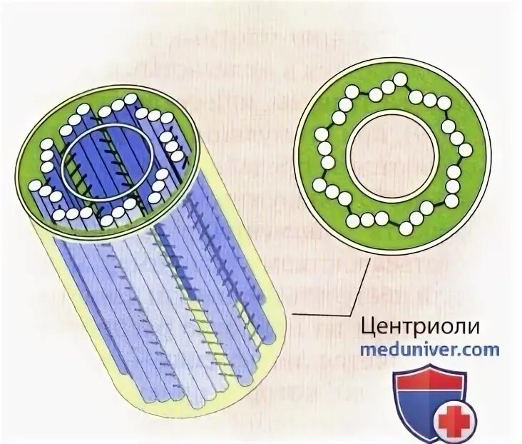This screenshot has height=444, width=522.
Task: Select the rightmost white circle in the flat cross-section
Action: [465, 150]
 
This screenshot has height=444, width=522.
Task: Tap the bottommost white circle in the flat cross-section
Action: [405, 226]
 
